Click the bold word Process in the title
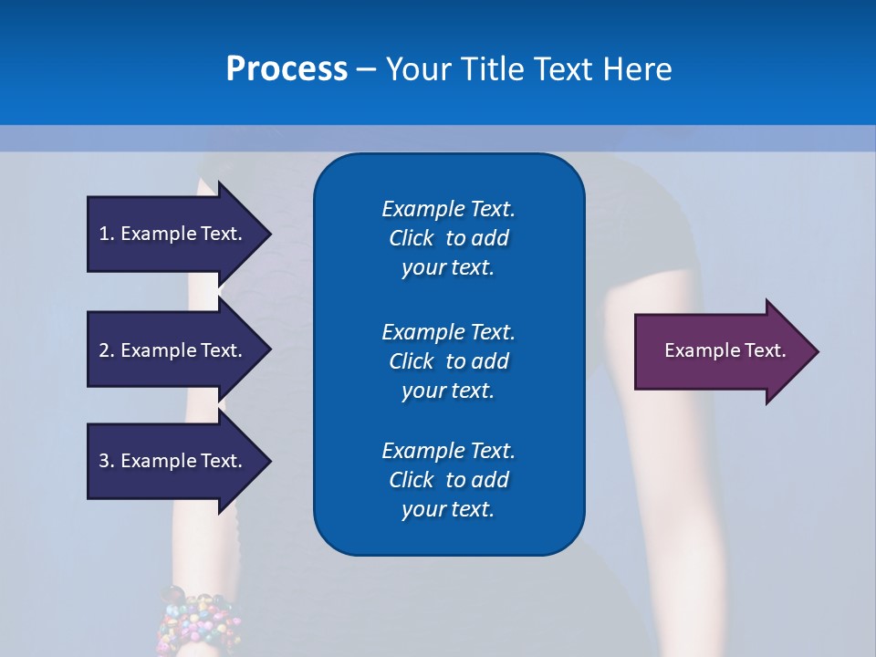287,68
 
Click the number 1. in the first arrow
106,234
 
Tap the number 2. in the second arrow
106,350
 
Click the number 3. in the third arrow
106,461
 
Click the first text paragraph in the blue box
448,238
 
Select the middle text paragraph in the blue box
448,360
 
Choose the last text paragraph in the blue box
448,480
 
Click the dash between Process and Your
366,69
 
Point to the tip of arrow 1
269,234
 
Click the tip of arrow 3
269,462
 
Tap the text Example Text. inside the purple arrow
725,350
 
